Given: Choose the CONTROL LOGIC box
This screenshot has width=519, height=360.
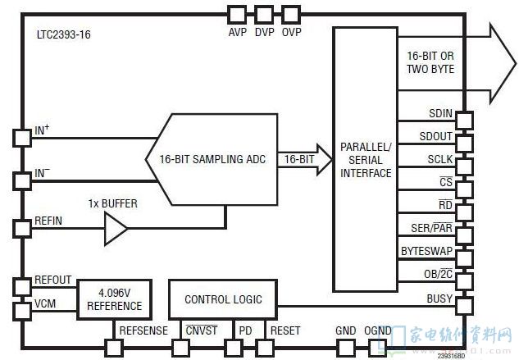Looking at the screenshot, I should pyautogui.click(x=223, y=299).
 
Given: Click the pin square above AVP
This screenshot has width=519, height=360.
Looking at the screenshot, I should pyautogui.click(x=237, y=14).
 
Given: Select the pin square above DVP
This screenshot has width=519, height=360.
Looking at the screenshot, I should pyautogui.click(x=264, y=14).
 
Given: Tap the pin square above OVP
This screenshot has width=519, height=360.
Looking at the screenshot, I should pyautogui.click(x=291, y=14).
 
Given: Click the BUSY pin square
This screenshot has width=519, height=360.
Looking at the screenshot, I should pyautogui.click(x=464, y=306).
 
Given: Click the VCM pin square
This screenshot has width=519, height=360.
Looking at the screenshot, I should pyautogui.click(x=21, y=312).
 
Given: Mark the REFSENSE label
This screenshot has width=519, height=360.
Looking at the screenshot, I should pyautogui.click(x=143, y=330).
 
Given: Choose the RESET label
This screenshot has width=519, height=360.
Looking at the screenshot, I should pyautogui.click(x=285, y=330).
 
